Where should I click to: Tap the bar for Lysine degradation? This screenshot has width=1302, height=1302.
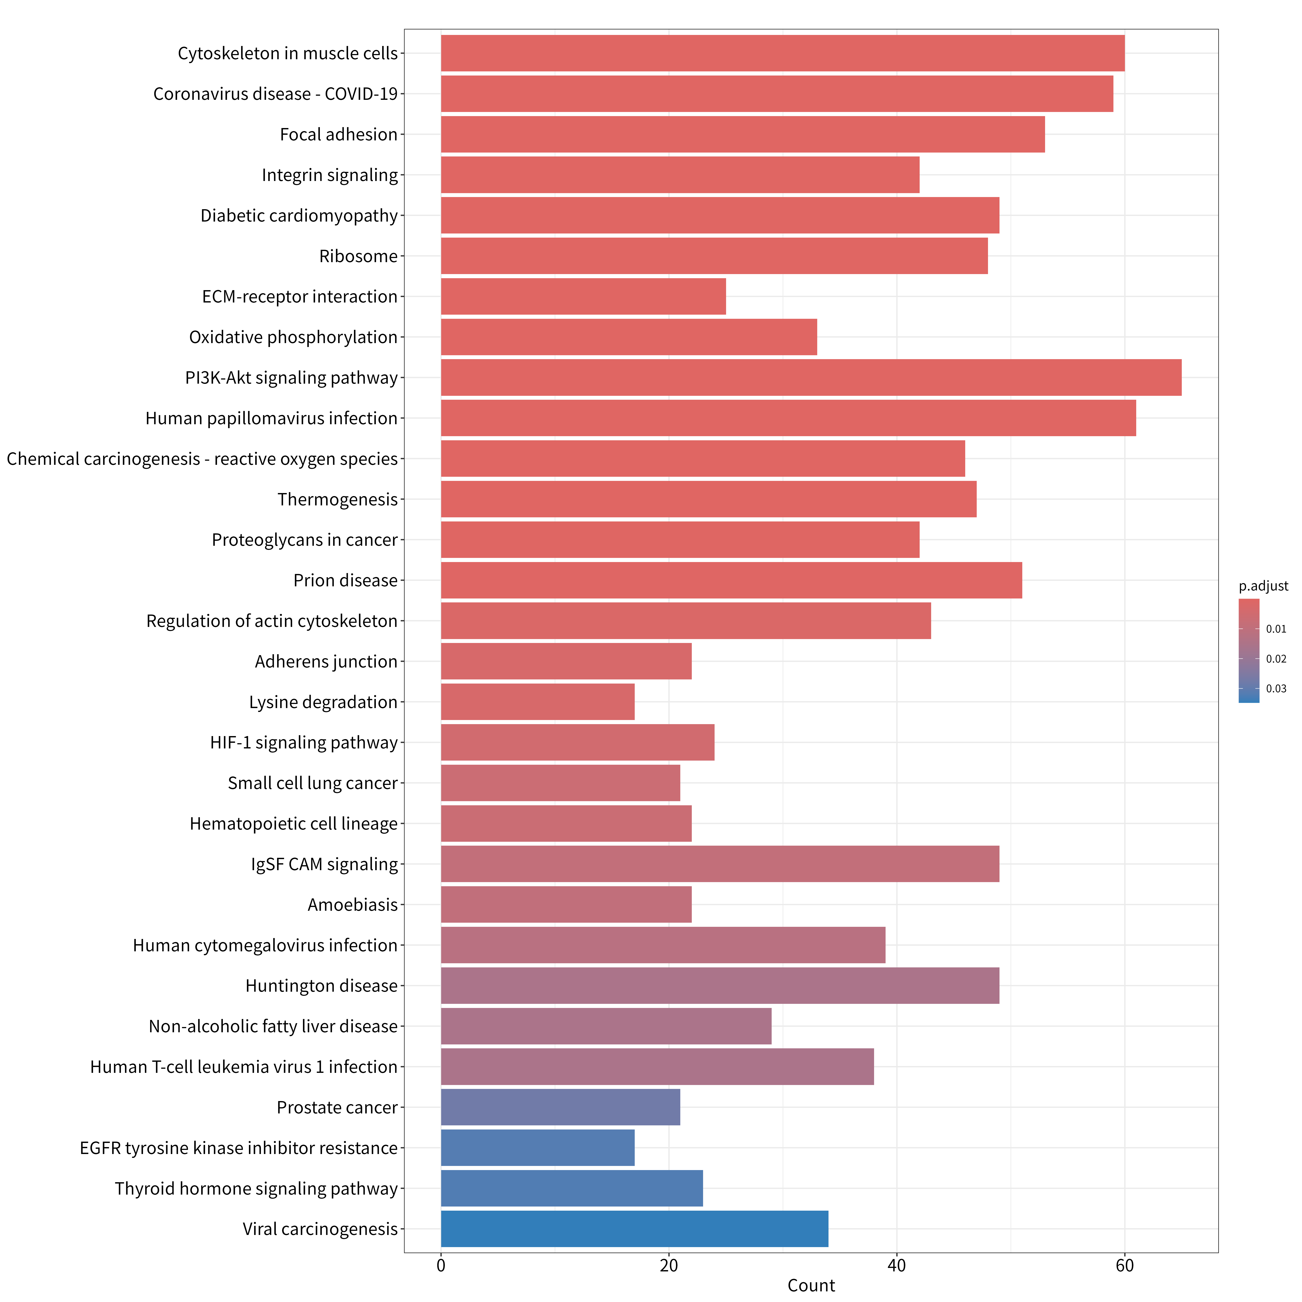[x=538, y=702]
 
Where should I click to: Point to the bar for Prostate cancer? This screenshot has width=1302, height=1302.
[x=561, y=1107]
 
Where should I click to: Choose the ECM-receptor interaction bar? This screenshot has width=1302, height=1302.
[x=584, y=296]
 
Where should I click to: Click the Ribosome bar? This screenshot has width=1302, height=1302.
[x=714, y=256]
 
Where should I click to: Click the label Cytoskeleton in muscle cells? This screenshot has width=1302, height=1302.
[x=288, y=53]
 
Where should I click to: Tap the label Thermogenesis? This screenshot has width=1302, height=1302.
[x=338, y=499]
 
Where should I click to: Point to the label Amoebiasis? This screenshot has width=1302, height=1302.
[x=352, y=904]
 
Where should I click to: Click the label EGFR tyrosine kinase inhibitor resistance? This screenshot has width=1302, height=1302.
[x=238, y=1148]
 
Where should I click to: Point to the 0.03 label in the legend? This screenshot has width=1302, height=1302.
[x=1276, y=689]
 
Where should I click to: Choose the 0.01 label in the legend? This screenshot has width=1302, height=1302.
[x=1276, y=629]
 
